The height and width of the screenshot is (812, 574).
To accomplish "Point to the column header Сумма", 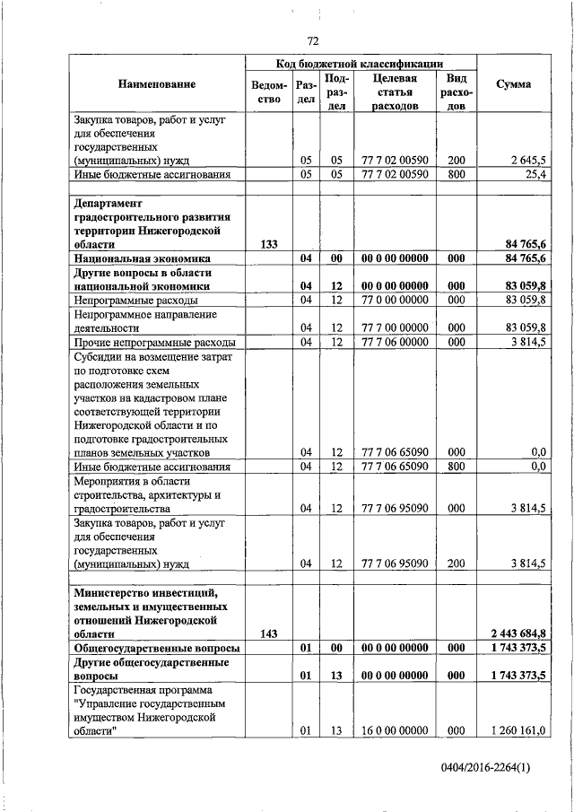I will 512,83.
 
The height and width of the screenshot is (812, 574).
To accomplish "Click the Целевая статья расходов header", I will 394,92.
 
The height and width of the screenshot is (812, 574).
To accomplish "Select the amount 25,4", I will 535,174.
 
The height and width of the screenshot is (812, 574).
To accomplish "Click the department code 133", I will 268,244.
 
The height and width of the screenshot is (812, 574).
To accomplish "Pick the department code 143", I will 268,633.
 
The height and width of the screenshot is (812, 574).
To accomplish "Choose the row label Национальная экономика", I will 141,258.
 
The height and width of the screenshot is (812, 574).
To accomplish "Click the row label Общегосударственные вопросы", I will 156,648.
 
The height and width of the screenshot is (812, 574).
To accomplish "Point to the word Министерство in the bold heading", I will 111,592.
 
